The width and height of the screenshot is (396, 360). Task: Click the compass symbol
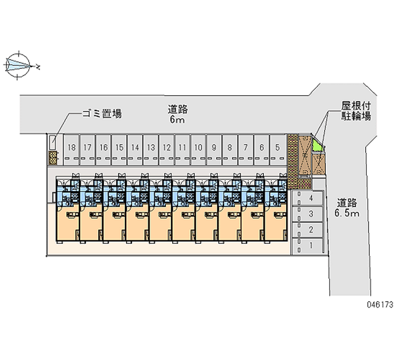[x=18, y=65]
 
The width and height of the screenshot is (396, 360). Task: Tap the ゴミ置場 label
[x=102, y=113]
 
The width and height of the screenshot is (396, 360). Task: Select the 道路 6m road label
[x=178, y=114]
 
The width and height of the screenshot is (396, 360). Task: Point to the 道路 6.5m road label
[x=347, y=207]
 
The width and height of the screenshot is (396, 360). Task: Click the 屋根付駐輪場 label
[x=356, y=110]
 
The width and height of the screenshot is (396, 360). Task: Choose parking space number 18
[x=72, y=150]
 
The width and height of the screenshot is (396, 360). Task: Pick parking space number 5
[x=278, y=150]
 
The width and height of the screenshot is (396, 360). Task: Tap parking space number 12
[x=167, y=150]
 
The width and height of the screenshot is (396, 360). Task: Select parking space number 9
[x=214, y=150]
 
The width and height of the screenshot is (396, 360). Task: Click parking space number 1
[x=307, y=246]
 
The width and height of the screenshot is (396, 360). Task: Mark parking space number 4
[x=307, y=198]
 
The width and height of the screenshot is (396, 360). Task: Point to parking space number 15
[x=119, y=150]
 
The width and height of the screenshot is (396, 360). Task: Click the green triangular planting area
[x=317, y=147]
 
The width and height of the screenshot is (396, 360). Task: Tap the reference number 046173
[x=380, y=305]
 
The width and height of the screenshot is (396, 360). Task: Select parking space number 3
[x=307, y=214]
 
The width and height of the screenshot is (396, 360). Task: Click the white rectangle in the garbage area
[x=53, y=143]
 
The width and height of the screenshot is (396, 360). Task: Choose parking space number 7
[x=246, y=150]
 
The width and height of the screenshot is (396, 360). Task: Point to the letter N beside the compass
[x=38, y=67]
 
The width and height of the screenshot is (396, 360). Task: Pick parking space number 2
[x=307, y=230]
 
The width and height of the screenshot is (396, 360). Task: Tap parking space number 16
[x=103, y=150]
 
